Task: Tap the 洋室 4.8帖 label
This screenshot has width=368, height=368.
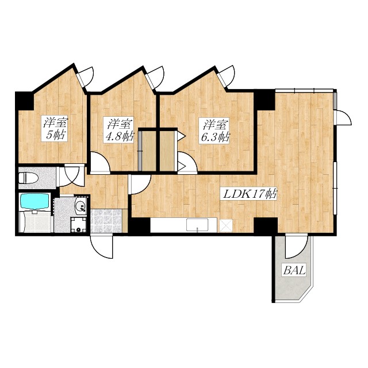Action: (x=119, y=129)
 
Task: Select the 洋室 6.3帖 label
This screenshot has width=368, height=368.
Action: (x=214, y=131)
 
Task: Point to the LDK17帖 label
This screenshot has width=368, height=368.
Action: (x=249, y=194)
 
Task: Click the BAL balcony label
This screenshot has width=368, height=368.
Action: (x=294, y=270)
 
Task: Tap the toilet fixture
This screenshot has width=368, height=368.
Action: (x=28, y=178)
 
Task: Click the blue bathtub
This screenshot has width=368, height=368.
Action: (x=34, y=201)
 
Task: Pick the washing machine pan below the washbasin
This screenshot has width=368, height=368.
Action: (x=79, y=225)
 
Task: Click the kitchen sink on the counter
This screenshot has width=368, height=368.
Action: (x=197, y=225)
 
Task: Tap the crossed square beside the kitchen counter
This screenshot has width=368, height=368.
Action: (x=226, y=225)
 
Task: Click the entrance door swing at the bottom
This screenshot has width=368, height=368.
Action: (x=101, y=247)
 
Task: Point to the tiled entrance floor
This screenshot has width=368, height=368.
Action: (x=106, y=221)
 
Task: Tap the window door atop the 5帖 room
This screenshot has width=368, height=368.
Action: (x=86, y=76)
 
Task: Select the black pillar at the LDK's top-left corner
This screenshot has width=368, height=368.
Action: (x=264, y=99)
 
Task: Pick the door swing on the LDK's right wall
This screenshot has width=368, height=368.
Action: (x=343, y=117)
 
